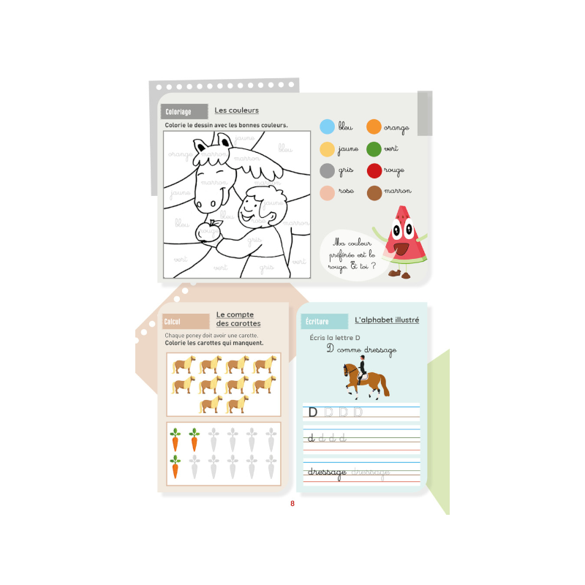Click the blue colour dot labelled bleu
coord(328,127)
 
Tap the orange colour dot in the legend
coord(374,127)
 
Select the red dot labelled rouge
coord(374,170)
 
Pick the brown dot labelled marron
coord(374,192)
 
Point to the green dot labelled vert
coord(374,148)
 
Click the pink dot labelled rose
coord(328,192)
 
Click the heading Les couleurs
coord(236,110)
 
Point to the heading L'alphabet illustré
coord(387,320)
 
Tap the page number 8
coord(292,503)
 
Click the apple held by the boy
coord(209,230)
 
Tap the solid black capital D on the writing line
coord(313,412)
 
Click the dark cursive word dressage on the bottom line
coord(327,472)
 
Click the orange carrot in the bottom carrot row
coord(175,466)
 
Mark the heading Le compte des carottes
coord(238,319)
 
